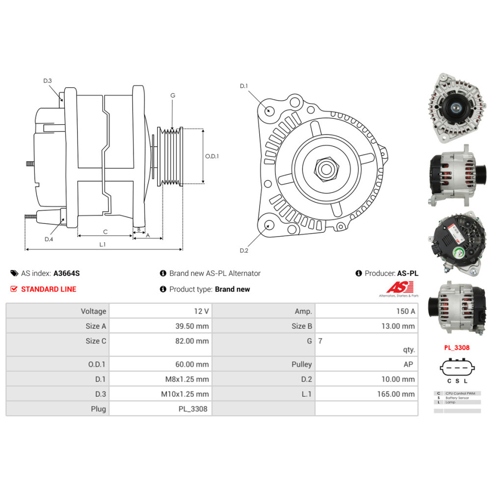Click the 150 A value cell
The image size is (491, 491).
pyautogui.click(x=406, y=311)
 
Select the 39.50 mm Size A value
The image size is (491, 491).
pyautogui.click(x=195, y=326)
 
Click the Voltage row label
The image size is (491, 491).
pyautogui.click(x=93, y=311)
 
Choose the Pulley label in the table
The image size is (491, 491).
pyautogui.click(x=301, y=364)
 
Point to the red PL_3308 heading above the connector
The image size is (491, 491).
pyautogui.click(x=457, y=348)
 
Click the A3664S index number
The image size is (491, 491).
pyautogui.click(x=66, y=273)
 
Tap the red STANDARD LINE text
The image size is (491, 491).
pyautogui.click(x=49, y=289)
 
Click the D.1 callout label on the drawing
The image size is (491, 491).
pyautogui.click(x=244, y=86)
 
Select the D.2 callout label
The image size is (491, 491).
pyautogui.click(x=244, y=251)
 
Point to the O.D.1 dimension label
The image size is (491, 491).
pyautogui.click(x=212, y=156)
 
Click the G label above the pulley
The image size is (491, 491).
pyautogui.click(x=173, y=96)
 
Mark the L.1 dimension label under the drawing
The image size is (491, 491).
pyautogui.click(x=103, y=244)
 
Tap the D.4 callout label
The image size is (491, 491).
pyautogui.click(x=49, y=239)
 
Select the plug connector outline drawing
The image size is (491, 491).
pyautogui.click(x=457, y=368)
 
